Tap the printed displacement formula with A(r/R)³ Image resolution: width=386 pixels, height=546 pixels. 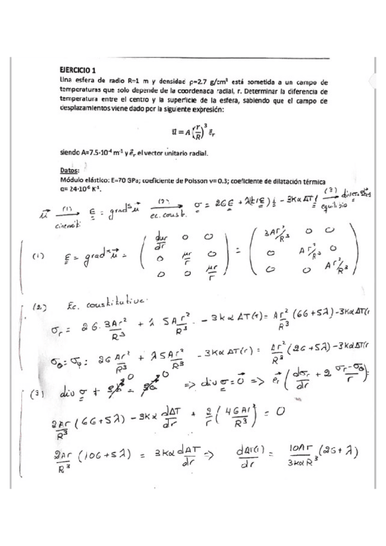193,131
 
